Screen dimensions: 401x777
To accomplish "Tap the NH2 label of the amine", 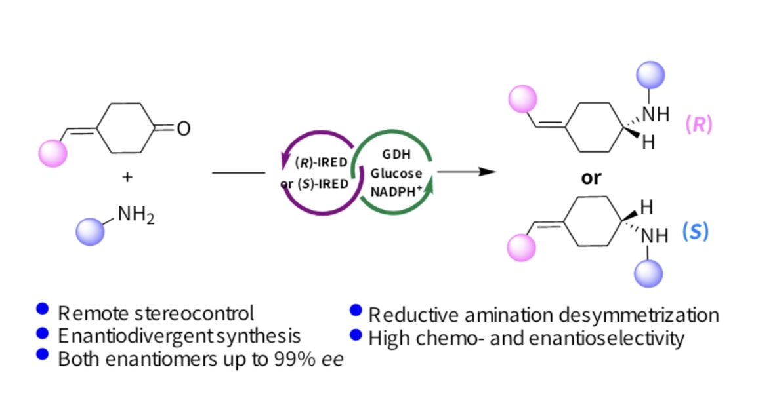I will (136, 214).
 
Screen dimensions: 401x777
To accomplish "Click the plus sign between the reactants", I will (127, 177).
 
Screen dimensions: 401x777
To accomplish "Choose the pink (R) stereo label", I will (698, 125).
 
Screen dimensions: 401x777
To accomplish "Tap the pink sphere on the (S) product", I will (522, 248).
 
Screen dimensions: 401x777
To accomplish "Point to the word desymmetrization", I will (639, 315).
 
